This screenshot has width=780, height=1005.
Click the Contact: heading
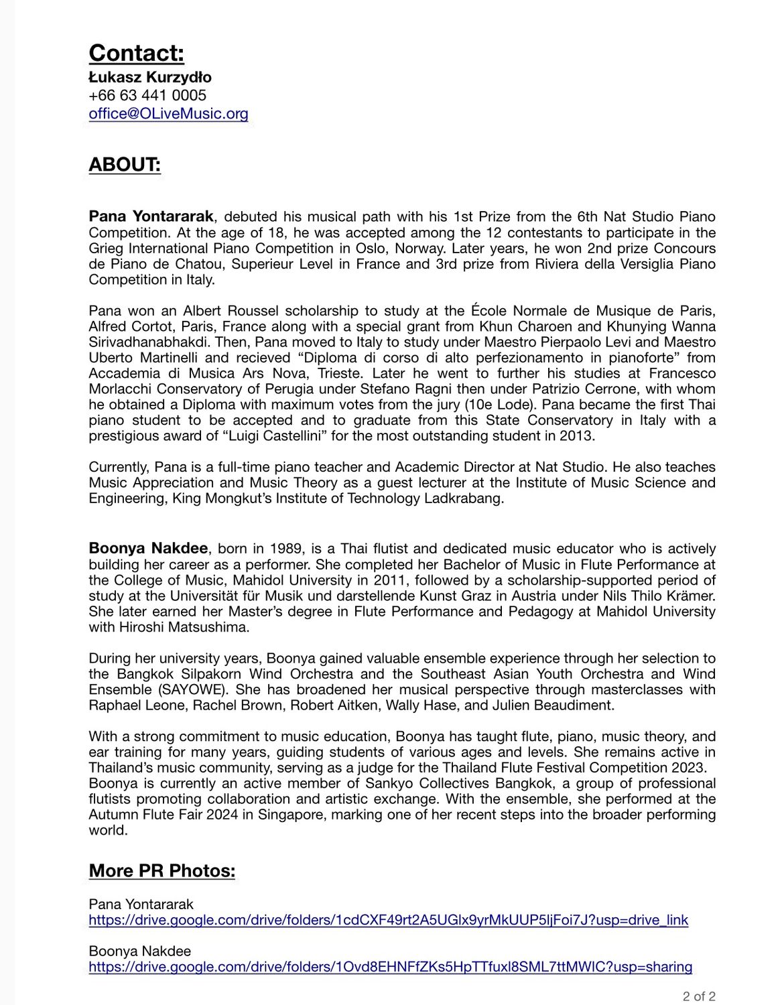pos(136,53)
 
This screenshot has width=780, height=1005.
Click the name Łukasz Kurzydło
pos(150,77)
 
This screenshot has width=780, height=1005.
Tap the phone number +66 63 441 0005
pos(147,95)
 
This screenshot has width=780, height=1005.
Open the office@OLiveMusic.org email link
pos(168,114)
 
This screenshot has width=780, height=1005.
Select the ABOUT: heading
pos(125,165)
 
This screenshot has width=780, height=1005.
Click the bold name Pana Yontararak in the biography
pos(151,216)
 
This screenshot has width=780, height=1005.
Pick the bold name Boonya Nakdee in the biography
pos(149,549)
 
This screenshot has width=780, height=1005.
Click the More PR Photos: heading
pos(161,870)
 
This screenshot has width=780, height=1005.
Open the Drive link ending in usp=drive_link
pos(388,920)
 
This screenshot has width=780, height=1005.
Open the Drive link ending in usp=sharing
pos(390,967)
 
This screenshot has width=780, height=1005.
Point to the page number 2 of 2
pos(699,996)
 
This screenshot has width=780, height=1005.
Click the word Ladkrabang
pos(463,498)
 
